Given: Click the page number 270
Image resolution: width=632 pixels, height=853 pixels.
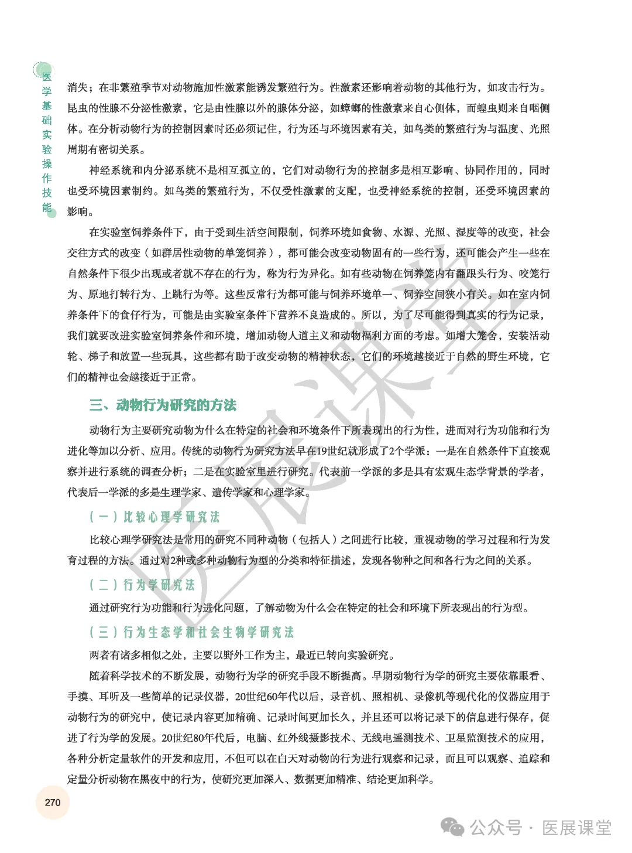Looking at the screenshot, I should pyautogui.click(x=53, y=802).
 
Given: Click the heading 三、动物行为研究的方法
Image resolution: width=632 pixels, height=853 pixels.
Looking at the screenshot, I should pyautogui.click(x=163, y=405).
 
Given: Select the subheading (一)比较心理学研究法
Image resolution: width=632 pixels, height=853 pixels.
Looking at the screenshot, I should pyautogui.click(x=154, y=517).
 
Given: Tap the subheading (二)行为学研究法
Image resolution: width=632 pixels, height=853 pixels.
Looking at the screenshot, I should pyautogui.click(x=142, y=585).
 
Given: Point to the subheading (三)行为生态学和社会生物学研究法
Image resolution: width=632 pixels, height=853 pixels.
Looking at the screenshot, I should pyautogui.click(x=191, y=632).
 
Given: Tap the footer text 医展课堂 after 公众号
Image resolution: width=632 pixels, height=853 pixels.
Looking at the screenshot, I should pyautogui.click(x=576, y=827).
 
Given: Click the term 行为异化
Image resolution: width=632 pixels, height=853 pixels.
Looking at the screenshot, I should pyautogui.click(x=309, y=274).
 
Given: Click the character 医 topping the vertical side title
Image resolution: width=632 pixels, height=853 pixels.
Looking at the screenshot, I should pyautogui.click(x=47, y=76).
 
